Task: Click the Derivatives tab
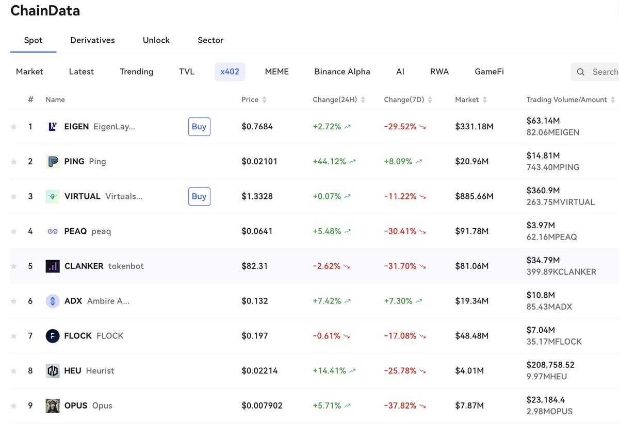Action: point(92,40)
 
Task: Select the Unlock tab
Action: point(156,40)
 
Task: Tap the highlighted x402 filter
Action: point(230,72)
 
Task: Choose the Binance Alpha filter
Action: point(342,72)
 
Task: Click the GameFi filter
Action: point(489,72)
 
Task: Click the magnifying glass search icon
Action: point(580,72)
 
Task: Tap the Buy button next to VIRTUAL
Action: point(199,196)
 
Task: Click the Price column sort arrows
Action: point(265,99)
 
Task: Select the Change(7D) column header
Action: point(404,99)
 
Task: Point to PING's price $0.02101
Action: point(259,161)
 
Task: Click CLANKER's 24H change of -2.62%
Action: point(327,266)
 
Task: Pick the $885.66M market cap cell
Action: point(474,196)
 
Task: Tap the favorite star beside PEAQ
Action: point(13,231)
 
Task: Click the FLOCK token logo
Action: point(53,336)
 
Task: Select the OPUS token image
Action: point(53,406)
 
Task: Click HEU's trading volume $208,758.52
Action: point(550,365)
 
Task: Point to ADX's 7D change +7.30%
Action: point(398,301)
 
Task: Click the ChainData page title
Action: point(45,11)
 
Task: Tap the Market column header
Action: point(467,99)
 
